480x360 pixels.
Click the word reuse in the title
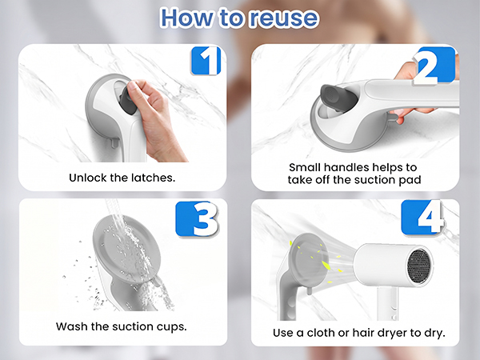tap(283, 18)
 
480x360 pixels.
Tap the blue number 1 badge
tap(206, 61)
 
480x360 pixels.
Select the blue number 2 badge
tap(434, 66)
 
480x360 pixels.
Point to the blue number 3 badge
tap(198, 219)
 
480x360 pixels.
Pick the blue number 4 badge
tap(422, 217)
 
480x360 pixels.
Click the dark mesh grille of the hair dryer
tap(420, 264)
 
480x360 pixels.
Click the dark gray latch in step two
tap(338, 97)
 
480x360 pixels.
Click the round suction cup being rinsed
tap(126, 248)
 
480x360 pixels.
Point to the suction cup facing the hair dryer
tap(309, 260)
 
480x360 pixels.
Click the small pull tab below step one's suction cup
tap(114, 142)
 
